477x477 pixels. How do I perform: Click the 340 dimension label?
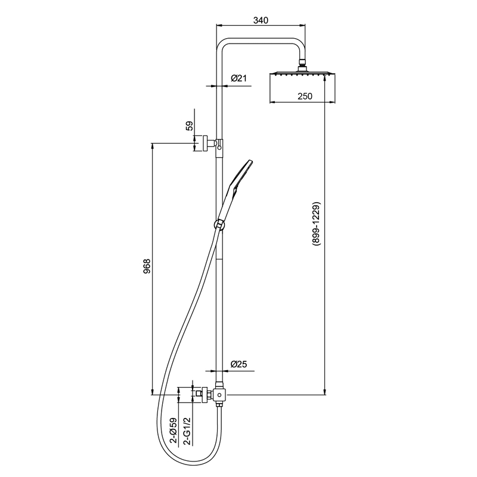261,20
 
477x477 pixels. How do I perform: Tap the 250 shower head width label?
305,96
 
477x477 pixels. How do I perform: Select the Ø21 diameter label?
239,78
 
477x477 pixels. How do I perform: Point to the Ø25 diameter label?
239,364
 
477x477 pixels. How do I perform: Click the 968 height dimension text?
147,267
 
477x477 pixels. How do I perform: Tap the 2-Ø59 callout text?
174,430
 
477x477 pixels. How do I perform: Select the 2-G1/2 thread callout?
188,431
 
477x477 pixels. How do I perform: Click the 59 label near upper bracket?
189,126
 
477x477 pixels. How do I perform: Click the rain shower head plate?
302,73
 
